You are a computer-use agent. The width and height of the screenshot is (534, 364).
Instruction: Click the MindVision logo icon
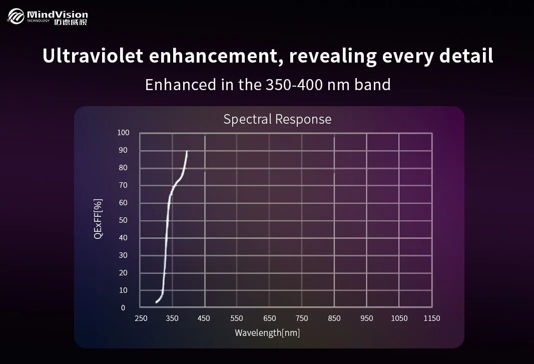(16, 17)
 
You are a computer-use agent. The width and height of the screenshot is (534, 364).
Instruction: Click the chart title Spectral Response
(277, 119)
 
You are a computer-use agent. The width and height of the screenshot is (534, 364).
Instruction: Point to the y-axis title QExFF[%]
(98, 219)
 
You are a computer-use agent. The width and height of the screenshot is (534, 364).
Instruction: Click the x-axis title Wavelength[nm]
(267, 333)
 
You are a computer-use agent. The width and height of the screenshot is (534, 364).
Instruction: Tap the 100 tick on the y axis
(123, 133)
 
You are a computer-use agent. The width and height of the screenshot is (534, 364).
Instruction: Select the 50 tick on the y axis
(123, 220)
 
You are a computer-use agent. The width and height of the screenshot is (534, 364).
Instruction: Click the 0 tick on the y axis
(123, 308)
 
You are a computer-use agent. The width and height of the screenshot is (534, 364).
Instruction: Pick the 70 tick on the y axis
(123, 185)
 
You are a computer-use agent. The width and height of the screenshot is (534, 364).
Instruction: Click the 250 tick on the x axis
(141, 318)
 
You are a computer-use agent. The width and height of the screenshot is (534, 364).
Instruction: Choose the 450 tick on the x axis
(204, 318)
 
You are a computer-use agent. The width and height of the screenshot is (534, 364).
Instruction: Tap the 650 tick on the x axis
(270, 318)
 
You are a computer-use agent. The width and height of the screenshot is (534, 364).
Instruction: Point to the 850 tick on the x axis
(334, 318)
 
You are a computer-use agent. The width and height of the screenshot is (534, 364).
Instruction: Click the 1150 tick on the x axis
(431, 318)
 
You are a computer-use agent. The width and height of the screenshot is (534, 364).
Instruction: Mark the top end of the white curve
(187, 151)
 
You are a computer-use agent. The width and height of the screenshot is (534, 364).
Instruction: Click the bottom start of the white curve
(157, 302)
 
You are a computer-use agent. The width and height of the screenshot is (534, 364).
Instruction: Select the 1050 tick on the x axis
(399, 318)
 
